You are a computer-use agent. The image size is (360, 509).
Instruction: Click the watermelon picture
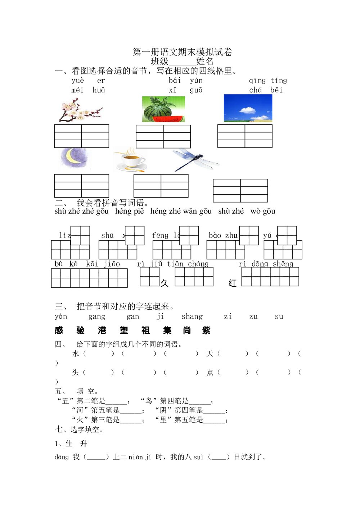click(163, 109)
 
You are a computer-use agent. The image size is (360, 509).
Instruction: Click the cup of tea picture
click(130, 159)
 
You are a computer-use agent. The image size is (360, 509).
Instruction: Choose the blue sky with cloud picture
click(248, 108)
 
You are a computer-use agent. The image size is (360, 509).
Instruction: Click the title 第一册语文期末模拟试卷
click(182, 52)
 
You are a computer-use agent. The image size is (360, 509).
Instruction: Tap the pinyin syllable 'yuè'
click(78, 81)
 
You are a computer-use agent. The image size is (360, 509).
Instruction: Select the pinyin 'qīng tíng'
click(268, 81)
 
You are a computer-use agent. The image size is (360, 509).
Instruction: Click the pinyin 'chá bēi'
click(266, 90)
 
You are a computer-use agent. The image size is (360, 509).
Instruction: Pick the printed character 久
click(165, 283)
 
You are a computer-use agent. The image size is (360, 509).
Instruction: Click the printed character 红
click(233, 283)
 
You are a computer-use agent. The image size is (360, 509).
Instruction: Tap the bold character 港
click(102, 330)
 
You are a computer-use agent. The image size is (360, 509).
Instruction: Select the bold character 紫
click(206, 330)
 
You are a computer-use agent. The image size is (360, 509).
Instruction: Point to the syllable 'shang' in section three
click(192, 317)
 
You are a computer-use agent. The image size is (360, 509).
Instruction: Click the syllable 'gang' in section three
click(97, 317)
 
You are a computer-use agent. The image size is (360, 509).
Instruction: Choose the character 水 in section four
click(76, 354)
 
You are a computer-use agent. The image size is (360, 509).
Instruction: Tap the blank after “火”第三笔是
click(131, 420)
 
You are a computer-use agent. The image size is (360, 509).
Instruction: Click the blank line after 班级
click(182, 62)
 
